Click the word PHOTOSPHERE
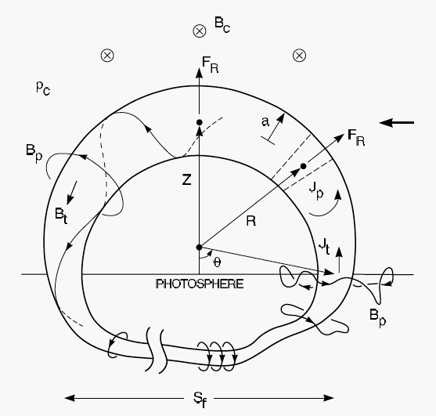(x=200, y=284)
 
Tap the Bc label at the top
(x=222, y=25)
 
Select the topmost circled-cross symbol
(x=200, y=31)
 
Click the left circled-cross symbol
(x=107, y=56)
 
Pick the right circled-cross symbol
(x=300, y=56)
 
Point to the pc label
(x=43, y=88)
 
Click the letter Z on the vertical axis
(x=186, y=180)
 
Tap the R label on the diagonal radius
(x=251, y=221)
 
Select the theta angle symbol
(x=217, y=262)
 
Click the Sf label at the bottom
(x=200, y=400)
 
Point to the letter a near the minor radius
(x=265, y=122)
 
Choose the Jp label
(x=316, y=191)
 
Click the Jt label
(x=324, y=247)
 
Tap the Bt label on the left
(x=61, y=216)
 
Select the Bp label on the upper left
(x=34, y=153)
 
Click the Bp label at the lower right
(x=377, y=317)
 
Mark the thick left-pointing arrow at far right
(x=397, y=122)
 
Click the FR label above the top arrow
(x=211, y=65)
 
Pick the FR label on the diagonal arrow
(x=356, y=138)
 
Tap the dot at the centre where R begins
(x=199, y=247)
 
